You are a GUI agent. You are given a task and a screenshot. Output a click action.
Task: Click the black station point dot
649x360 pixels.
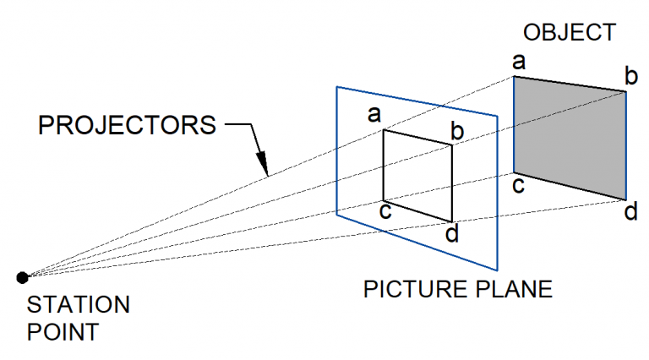pos(23,276)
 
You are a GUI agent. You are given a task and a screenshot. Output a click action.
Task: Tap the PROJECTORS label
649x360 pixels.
pos(128,127)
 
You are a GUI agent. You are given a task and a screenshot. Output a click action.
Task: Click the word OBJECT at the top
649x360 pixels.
pos(570,33)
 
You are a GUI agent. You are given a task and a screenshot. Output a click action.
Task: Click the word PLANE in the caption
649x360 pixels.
pos(515,290)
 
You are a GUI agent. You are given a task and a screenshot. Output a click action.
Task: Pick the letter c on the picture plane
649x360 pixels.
pos(385,210)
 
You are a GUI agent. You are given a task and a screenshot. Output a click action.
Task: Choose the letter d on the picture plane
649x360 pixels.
pos(452,233)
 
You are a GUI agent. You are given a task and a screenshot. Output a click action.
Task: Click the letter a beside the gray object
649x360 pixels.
pos(519,62)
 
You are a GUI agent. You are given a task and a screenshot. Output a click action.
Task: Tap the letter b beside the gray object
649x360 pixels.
pos(630,77)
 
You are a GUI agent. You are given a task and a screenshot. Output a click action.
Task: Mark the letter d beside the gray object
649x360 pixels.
pos(630,211)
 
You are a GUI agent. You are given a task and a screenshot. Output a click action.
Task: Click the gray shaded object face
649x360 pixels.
pos(570,135)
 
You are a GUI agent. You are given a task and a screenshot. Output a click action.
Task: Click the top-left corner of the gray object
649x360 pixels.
pos(515,77)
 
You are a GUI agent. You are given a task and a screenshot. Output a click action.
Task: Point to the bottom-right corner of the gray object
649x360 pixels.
pos(625,199)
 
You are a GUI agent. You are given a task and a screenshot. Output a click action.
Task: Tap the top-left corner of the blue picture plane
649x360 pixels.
pos(337,87)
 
